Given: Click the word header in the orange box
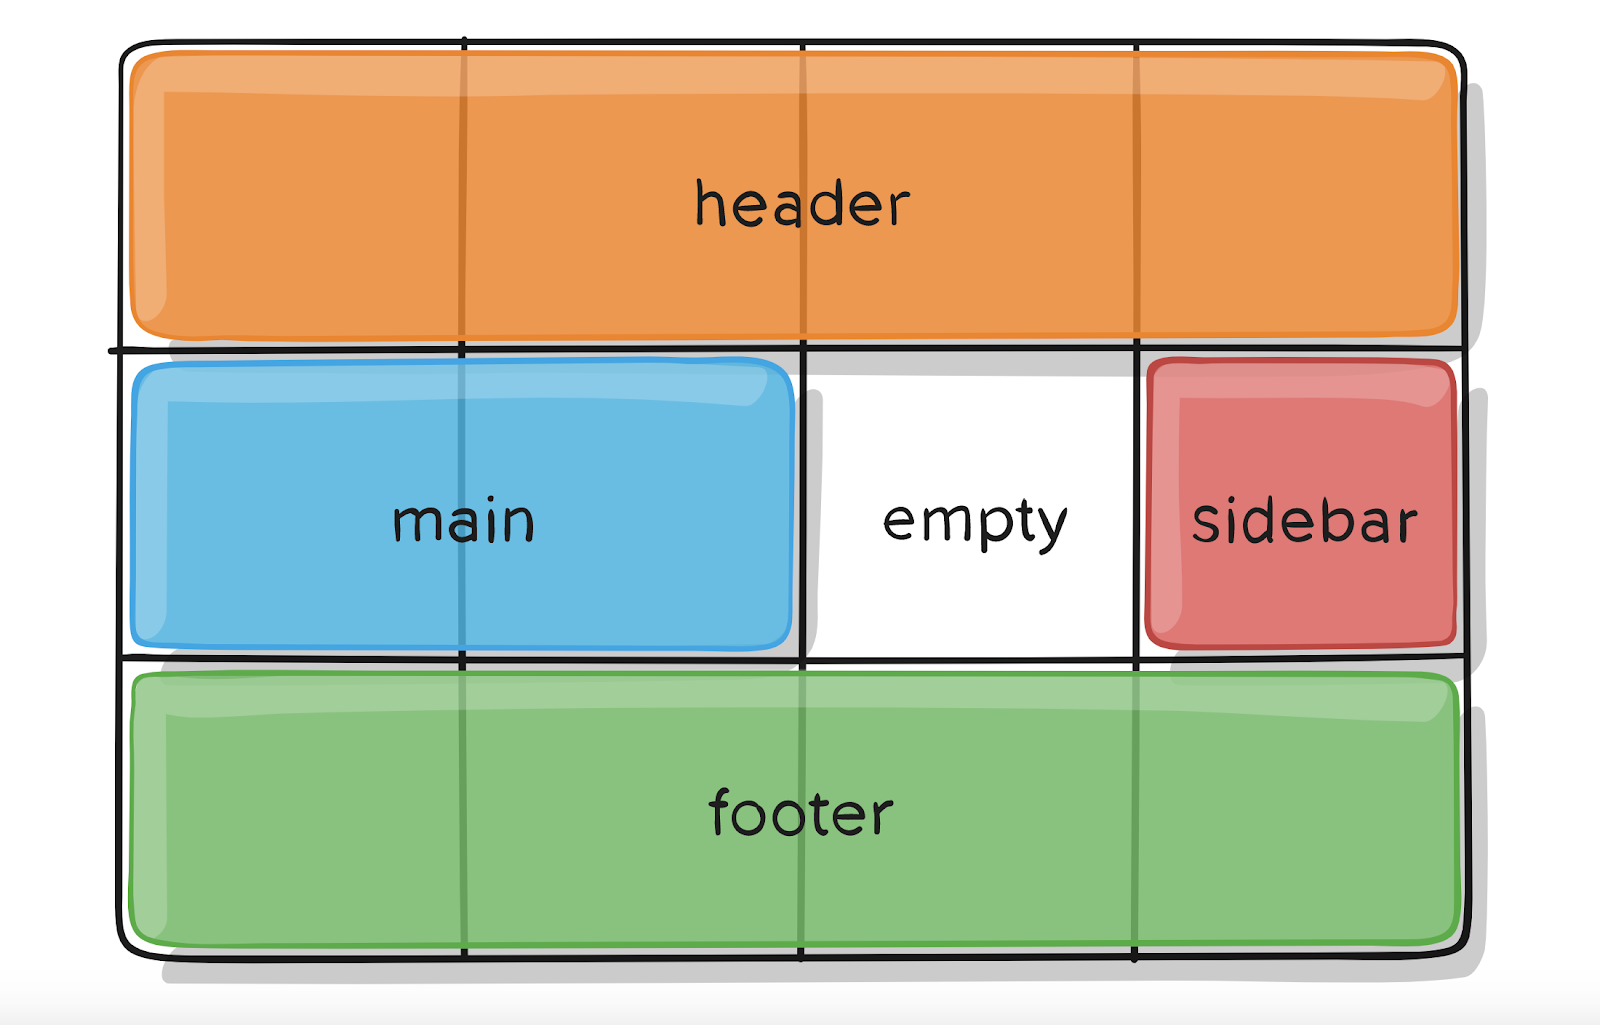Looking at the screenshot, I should click(x=802, y=204).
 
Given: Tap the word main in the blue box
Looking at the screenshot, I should click(x=463, y=522).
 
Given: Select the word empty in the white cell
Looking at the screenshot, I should click(x=975, y=522).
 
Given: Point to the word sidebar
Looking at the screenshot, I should click(x=1305, y=522).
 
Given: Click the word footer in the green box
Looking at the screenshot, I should click(x=800, y=812).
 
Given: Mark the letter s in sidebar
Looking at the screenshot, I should click(x=1207, y=524).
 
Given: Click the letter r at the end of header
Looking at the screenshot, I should click(x=897, y=210).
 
